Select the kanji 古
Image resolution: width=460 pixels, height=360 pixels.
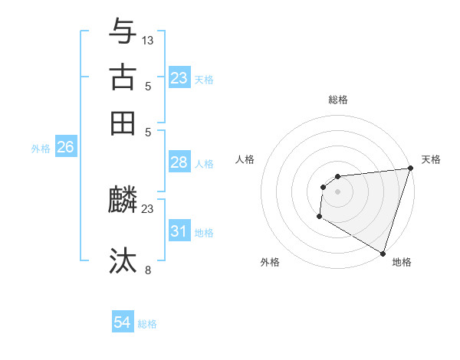click(123, 77)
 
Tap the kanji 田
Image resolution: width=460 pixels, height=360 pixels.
click(123, 123)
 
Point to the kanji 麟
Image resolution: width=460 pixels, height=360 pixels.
click(123, 201)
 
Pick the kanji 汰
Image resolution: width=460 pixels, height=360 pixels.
click(123, 260)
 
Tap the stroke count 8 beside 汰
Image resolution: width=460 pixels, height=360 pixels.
click(148, 269)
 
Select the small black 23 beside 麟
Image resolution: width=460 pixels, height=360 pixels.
click(148, 208)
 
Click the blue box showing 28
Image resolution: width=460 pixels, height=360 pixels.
click(179, 162)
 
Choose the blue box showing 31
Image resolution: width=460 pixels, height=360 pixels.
click(179, 231)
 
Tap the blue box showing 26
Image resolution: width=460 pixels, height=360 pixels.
click(65, 148)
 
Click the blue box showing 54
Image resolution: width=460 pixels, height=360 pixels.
click(123, 323)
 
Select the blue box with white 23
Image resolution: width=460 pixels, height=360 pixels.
click(179, 78)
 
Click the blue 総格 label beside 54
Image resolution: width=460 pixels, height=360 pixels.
click(147, 324)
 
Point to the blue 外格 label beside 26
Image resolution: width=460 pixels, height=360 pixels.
click(41, 149)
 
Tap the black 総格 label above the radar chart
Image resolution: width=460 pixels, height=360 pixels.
click(337, 100)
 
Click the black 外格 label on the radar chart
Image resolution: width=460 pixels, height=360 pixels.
click(270, 262)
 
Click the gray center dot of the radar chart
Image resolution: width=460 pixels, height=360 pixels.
click(337, 191)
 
